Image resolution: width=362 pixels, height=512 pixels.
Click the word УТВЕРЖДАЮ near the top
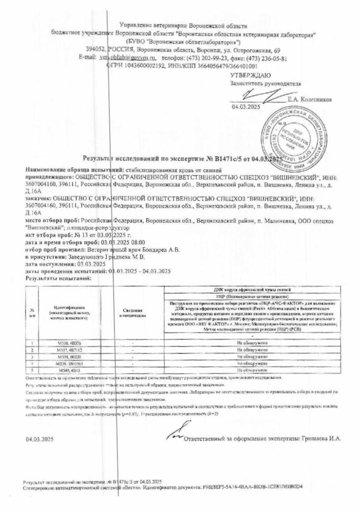[x=251, y=75]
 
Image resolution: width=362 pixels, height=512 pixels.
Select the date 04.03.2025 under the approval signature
[x=244, y=107]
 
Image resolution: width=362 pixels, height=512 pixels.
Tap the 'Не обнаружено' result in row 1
[x=253, y=343]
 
